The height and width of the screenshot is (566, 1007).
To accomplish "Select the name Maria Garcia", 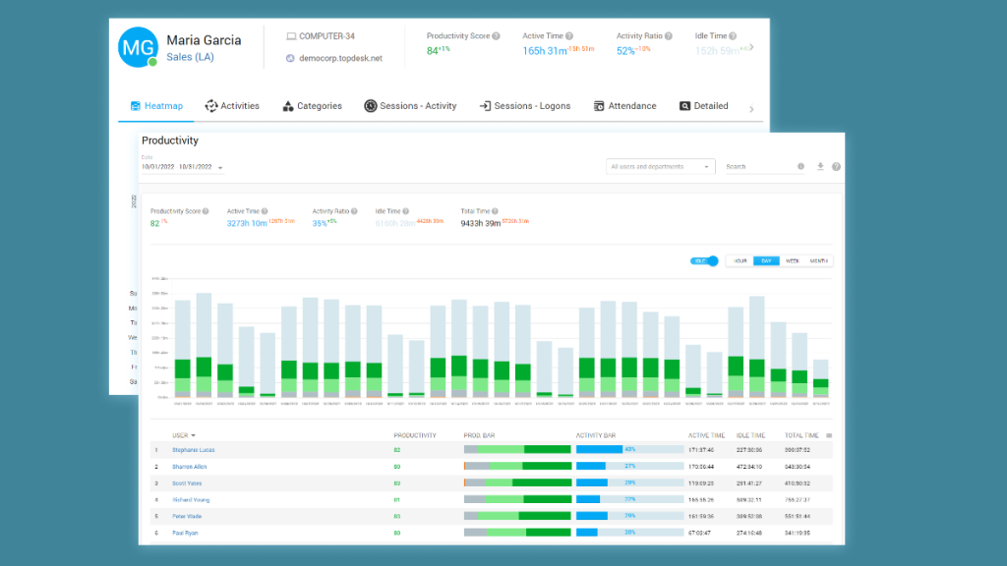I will tap(204, 40).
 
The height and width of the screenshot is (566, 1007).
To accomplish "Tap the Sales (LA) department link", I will tap(190, 57).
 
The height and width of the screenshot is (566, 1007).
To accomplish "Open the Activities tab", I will tap(232, 106).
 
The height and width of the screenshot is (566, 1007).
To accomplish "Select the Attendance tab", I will tap(624, 106).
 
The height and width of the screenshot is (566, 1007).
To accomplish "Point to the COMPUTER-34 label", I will tap(327, 36).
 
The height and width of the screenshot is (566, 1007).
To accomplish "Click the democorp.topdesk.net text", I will tap(340, 58).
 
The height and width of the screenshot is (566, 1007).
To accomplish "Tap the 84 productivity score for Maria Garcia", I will tap(432, 51).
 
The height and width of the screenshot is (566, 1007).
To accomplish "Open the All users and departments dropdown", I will tap(659, 167).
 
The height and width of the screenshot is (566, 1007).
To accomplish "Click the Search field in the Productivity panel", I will tap(757, 167).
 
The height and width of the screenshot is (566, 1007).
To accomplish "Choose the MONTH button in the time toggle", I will tap(819, 261).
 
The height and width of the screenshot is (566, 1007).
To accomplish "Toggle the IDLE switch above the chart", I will tap(705, 261).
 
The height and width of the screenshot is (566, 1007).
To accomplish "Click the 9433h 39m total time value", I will tap(480, 223).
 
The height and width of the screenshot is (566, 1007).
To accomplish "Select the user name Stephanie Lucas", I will tap(193, 450).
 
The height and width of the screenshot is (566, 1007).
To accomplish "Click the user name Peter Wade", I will tap(188, 516).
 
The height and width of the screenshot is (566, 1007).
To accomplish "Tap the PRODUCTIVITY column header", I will tap(414, 434).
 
